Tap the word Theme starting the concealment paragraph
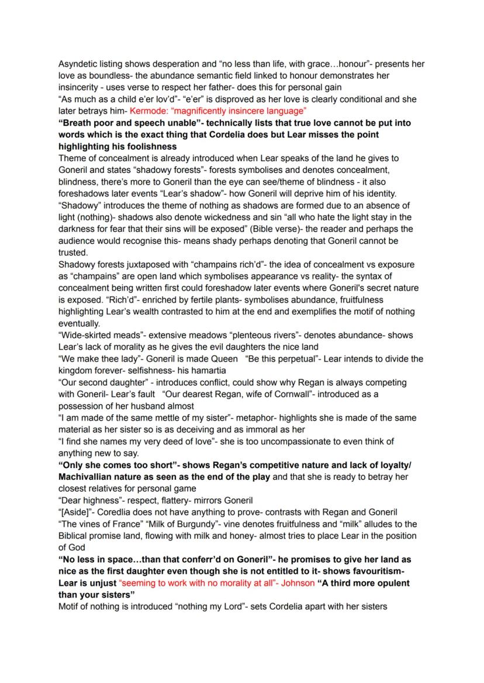pyautogui.click(x=72, y=158)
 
